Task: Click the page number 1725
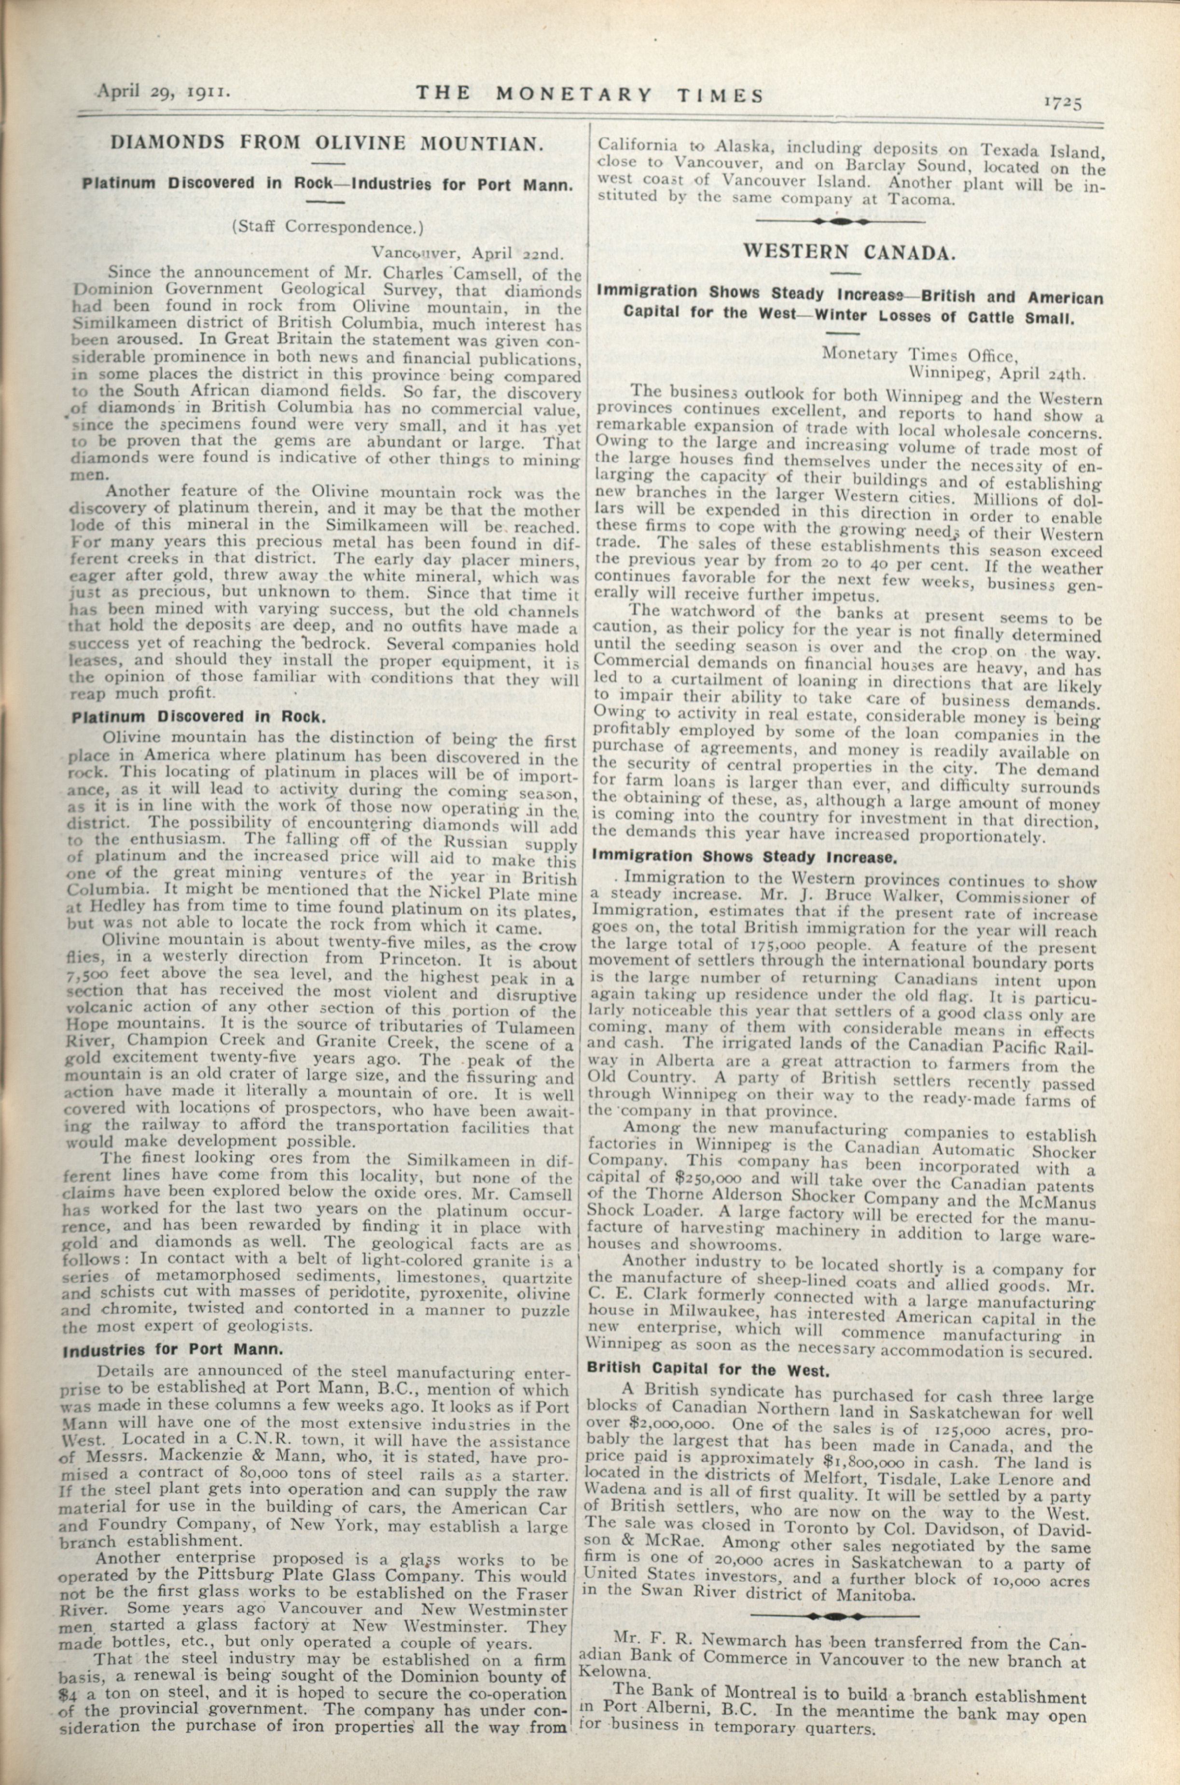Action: coord(1062,102)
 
